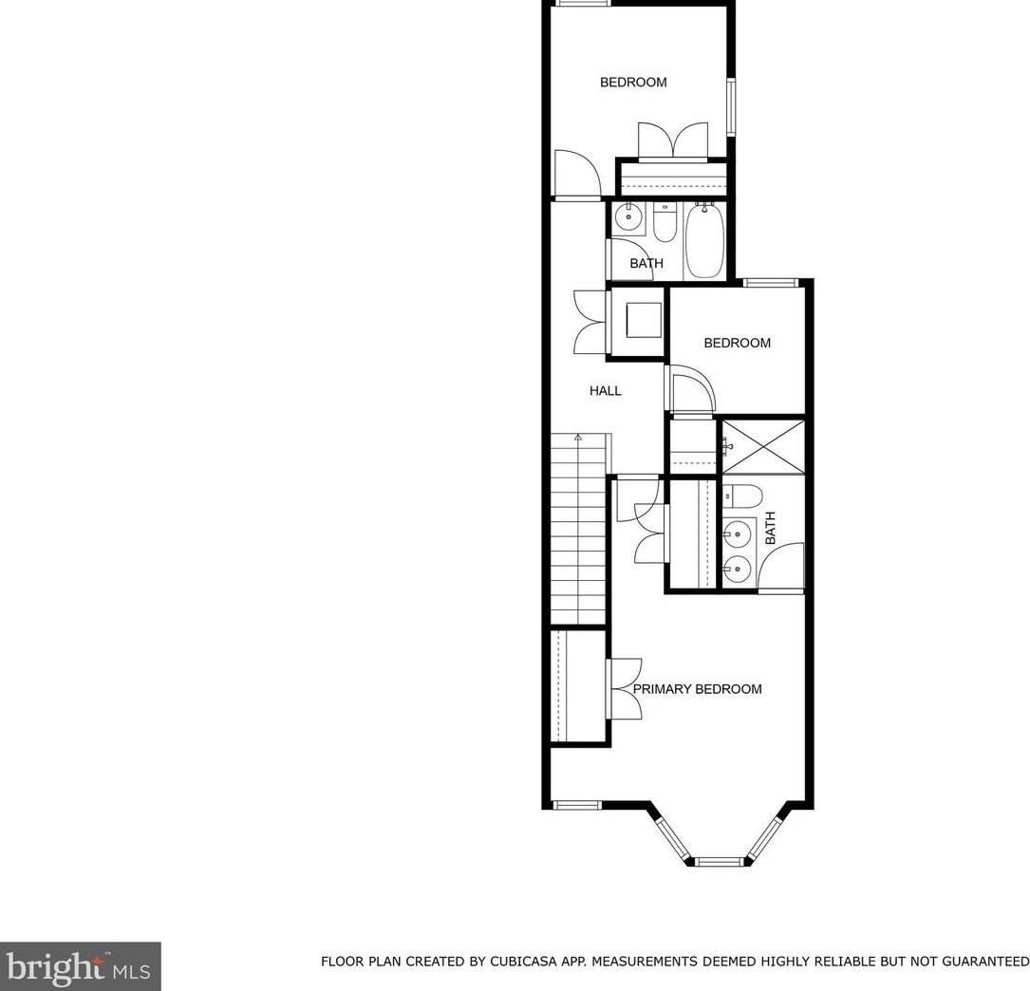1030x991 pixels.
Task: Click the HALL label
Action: [606, 390]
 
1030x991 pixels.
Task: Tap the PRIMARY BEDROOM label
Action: [697, 689]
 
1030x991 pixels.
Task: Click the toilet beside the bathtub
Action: [665, 224]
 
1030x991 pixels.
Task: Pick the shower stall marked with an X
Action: [762, 446]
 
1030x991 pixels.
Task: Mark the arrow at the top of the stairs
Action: [578, 438]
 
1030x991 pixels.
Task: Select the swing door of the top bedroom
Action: [575, 176]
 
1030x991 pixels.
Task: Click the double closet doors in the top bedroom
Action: [672, 140]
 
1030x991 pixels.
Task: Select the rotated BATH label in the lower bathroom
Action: [770, 528]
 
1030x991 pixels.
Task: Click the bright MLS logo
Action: [81, 966]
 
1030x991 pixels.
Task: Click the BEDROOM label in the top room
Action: [633, 83]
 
